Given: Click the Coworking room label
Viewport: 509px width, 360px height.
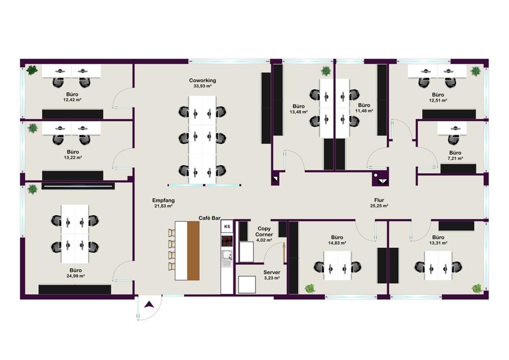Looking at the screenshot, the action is coord(202,80).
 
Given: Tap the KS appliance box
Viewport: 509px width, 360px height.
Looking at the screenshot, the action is coord(227,226).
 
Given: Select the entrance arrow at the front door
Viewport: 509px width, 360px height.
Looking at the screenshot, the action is coord(149,304).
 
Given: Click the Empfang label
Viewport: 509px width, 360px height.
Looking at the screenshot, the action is coord(163,200).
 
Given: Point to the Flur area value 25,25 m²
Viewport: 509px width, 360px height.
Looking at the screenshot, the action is coord(379,206).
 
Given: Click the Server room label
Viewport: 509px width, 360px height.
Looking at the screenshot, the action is coord(272,272).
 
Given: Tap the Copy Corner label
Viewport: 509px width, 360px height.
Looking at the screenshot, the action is coord(264,232).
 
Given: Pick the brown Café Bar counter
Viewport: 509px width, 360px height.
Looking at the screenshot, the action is coord(193,250).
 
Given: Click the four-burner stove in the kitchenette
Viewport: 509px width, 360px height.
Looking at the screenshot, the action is coord(227,241).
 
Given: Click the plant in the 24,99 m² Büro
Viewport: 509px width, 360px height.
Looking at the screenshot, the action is coord(32,189).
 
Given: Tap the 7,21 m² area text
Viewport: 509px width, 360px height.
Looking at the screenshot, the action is coord(455,159).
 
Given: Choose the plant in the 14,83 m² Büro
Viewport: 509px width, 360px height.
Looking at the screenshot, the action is coord(310,288).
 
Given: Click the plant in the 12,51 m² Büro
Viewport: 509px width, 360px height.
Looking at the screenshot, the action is coord(475,71).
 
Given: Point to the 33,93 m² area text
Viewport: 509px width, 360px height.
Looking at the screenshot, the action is coord(202,86).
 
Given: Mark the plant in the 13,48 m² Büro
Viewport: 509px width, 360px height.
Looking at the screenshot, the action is coord(325,71).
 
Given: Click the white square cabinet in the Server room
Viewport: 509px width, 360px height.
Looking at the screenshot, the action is coord(247,285).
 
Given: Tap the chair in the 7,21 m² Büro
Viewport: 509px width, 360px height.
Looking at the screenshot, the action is coord(453,140).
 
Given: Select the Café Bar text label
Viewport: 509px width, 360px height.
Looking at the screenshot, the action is coord(210,218).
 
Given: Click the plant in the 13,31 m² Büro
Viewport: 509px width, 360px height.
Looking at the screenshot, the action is coord(477,288).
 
